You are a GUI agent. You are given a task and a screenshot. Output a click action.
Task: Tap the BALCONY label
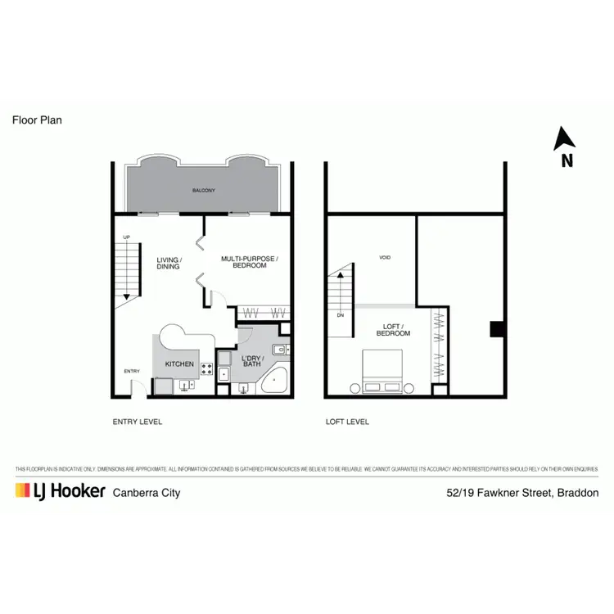[x=203, y=191]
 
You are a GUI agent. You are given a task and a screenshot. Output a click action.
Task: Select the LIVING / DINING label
[x=169, y=263]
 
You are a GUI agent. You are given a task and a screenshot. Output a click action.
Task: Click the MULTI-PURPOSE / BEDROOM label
[x=250, y=262]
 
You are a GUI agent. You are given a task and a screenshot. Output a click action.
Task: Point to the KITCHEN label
[x=179, y=363]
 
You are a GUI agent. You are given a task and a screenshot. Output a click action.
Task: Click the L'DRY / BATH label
[x=251, y=360]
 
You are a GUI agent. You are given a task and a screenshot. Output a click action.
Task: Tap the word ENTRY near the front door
[x=132, y=372]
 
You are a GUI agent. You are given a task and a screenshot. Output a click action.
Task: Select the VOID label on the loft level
[x=385, y=258]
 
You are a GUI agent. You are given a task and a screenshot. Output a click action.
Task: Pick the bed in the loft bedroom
[x=382, y=371]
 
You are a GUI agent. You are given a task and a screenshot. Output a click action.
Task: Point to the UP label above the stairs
[x=126, y=237]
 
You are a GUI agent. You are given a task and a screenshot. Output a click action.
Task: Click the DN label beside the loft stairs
[x=341, y=314]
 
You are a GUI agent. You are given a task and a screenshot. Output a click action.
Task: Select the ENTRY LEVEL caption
[x=138, y=422]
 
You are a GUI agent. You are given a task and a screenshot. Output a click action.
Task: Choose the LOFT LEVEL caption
[x=347, y=422]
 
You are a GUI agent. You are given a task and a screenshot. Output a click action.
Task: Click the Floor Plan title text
[x=37, y=120]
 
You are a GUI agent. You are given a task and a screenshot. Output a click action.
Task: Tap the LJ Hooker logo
[x=60, y=491]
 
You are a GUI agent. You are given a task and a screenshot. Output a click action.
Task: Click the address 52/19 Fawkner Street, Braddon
[x=522, y=493]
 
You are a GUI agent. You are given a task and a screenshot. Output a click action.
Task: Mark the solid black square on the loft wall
[x=496, y=328]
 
